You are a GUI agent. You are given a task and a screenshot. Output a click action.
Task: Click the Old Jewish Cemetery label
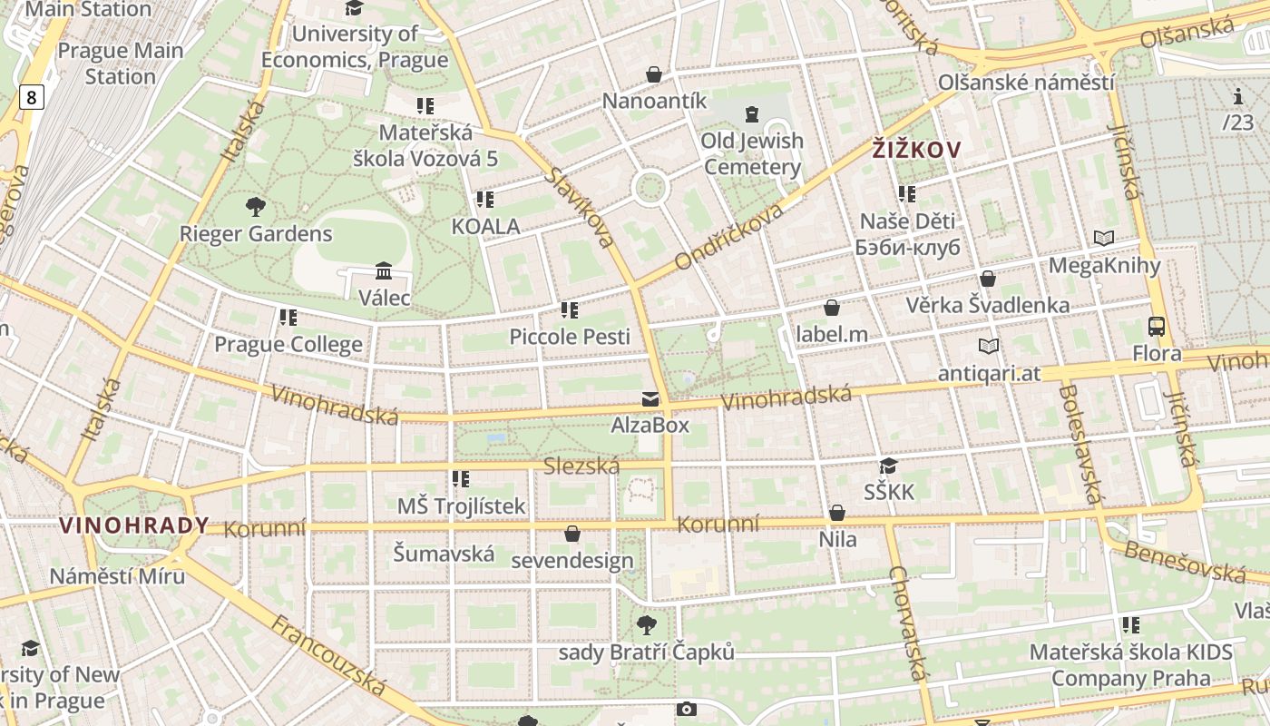[752, 153]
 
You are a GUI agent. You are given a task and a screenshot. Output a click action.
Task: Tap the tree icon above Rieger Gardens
[256, 207]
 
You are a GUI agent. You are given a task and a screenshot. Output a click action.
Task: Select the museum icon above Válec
[384, 271]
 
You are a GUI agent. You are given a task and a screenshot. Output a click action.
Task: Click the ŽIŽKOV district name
[916, 150]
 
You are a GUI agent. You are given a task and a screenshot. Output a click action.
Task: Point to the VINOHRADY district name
[134, 525]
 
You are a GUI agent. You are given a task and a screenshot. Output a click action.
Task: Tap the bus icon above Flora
[1157, 327]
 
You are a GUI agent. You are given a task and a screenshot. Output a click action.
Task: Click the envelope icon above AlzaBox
[650, 399]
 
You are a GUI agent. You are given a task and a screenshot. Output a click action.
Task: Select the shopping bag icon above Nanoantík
[654, 74]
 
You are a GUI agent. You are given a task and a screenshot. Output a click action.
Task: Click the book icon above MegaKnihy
[1104, 239]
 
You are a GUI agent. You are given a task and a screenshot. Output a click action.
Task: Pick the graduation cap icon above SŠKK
[889, 466]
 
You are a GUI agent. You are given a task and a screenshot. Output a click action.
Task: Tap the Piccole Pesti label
[570, 337]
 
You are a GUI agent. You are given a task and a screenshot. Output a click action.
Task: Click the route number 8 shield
[31, 97]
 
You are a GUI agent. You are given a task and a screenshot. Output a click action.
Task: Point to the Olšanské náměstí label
[1026, 82]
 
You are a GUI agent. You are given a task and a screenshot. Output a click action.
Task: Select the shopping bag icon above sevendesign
[572, 534]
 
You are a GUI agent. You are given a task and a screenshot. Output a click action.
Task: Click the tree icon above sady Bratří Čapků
[646, 624]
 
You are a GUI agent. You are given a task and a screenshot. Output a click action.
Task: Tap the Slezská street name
[581, 466]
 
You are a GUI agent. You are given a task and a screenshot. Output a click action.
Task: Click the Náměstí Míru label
[117, 576]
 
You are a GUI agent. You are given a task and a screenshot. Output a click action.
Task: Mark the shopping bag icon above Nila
[837, 514]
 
